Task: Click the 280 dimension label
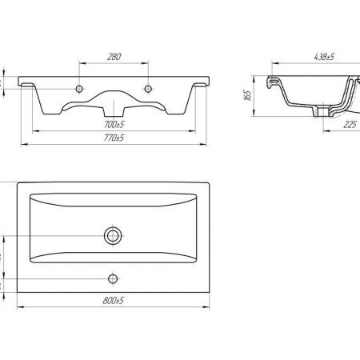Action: coord(114,57)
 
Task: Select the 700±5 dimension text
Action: coord(114,124)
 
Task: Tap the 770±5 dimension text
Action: coord(114,138)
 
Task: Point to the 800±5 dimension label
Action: coord(114,300)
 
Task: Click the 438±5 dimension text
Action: coord(324,57)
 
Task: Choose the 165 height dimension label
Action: coord(247,95)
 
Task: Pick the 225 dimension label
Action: coord(350,124)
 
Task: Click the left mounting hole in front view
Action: coord(79,89)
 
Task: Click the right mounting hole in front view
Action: coord(148,89)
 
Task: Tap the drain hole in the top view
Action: coord(113,236)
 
